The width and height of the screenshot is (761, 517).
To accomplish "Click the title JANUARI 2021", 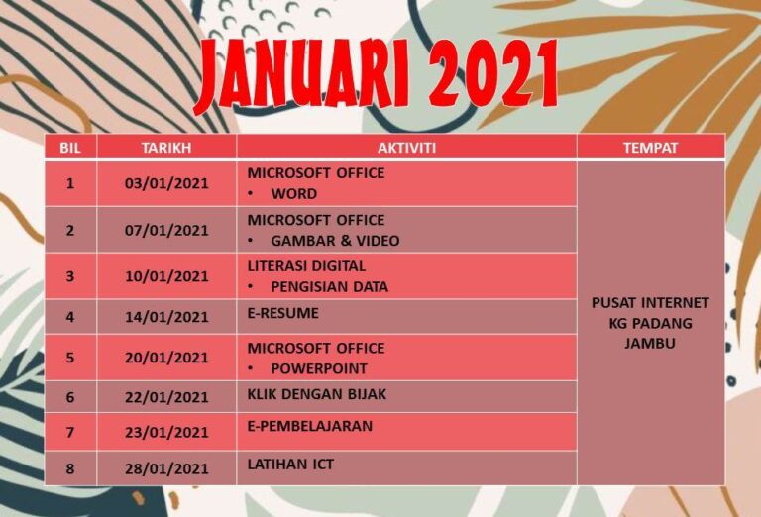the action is coord(377,75).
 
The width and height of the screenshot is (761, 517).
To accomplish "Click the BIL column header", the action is coord(70,148).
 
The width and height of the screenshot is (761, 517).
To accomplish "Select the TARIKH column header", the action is coord(166,148).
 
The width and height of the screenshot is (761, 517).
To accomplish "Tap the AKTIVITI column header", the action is coord(406,148).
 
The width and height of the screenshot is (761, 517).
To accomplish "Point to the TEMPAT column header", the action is coord(650,148).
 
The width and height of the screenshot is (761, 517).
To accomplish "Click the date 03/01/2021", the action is coord(166,183).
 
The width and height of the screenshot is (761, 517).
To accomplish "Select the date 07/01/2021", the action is coord(166,230).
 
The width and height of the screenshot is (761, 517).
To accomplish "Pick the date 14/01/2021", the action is coord(166,317).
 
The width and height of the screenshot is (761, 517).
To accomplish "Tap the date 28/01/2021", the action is coord(166,468).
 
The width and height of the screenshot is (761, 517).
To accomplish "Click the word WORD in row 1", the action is coord(294,193).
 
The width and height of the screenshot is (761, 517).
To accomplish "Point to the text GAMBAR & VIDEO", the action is coord(335,241).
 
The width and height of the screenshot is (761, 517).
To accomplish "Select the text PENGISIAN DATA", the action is coord(330,287).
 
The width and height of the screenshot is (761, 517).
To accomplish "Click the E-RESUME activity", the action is coord(283,313).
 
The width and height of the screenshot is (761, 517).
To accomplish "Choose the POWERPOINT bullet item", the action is coord(319,368).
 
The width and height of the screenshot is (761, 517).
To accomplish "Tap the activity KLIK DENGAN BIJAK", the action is coord(317,394).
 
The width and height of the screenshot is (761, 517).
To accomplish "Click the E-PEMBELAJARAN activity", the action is coord(310,426).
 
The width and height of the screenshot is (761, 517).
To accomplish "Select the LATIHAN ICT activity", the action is coord(290,465).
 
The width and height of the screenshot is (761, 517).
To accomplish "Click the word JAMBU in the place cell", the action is coord(650,343).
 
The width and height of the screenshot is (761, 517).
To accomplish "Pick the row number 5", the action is coord(70,358).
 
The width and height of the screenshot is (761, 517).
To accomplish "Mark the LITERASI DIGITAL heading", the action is coord(306,266).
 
